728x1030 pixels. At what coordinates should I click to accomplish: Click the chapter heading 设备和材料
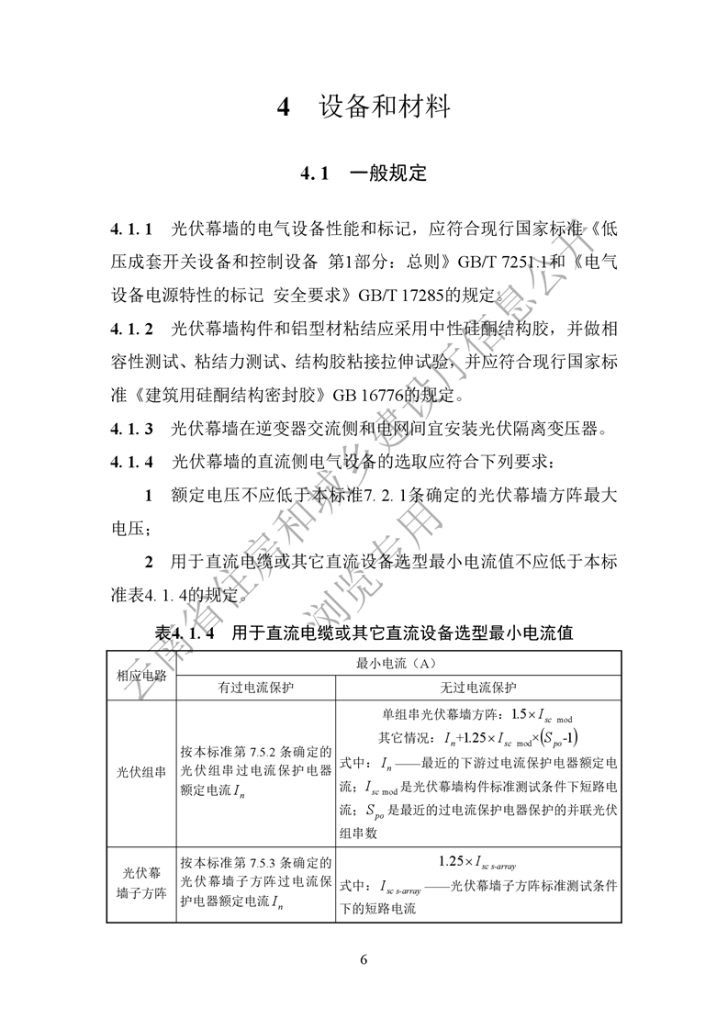(x=385, y=107)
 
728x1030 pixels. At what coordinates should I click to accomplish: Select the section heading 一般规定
(x=388, y=173)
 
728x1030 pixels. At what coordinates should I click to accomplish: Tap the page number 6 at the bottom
(x=364, y=959)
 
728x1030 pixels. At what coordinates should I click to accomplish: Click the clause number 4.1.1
(x=131, y=228)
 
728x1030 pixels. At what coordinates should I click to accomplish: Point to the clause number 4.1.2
(x=131, y=328)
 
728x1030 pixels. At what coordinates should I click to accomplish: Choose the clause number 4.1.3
(x=131, y=428)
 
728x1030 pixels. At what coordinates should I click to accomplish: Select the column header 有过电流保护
(x=256, y=688)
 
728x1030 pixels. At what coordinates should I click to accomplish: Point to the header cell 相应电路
(x=141, y=675)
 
